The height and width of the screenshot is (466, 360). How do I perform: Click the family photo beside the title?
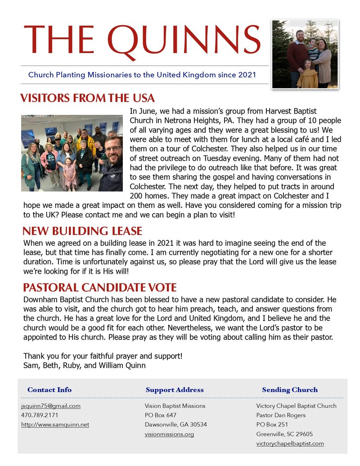[305, 54]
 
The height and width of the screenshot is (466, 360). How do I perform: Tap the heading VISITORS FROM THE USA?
[87, 98]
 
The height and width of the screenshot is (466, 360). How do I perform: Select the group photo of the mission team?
[72, 153]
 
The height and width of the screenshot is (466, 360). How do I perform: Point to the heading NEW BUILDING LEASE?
[82, 231]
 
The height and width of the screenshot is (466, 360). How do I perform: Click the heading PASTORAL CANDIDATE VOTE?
[99, 288]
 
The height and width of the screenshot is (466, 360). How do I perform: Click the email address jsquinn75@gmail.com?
[51, 406]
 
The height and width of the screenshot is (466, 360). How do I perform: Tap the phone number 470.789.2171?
[40, 415]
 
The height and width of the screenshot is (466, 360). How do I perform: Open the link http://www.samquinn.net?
[55, 425]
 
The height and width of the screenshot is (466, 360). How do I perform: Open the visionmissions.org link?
[169, 434]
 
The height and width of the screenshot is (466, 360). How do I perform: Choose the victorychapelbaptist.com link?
[290, 443]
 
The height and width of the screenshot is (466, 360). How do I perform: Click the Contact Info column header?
[49, 390]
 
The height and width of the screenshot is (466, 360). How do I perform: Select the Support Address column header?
[175, 390]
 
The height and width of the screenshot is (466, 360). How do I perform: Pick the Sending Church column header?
[290, 390]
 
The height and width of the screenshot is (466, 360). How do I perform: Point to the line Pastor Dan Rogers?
[281, 415]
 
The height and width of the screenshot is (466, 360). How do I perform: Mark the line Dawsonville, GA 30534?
[176, 425]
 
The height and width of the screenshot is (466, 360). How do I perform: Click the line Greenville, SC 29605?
[284, 434]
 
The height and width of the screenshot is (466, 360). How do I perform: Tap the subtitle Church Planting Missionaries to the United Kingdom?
[142, 75]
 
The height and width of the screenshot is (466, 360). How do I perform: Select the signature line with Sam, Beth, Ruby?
[85, 365]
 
